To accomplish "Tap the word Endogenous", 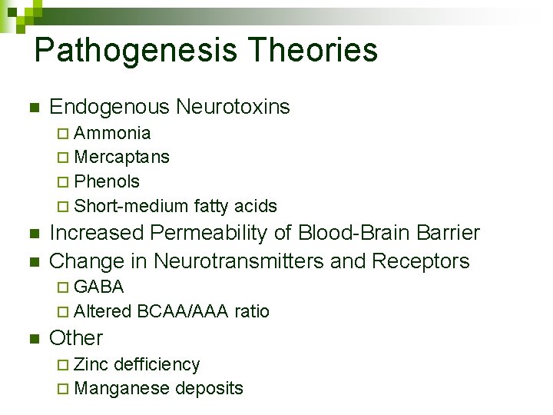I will [x=109, y=107].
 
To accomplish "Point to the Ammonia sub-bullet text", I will [x=113, y=133].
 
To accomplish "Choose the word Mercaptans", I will [x=122, y=157].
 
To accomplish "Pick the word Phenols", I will [x=108, y=181].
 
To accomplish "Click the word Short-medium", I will [x=131, y=206].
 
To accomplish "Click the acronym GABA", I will [x=100, y=287].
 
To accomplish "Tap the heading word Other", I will [x=76, y=338].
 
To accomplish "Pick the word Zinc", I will [x=91, y=364].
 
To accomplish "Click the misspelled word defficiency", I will [x=157, y=364].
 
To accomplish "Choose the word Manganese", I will [x=122, y=389].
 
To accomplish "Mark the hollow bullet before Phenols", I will [x=62, y=182].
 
